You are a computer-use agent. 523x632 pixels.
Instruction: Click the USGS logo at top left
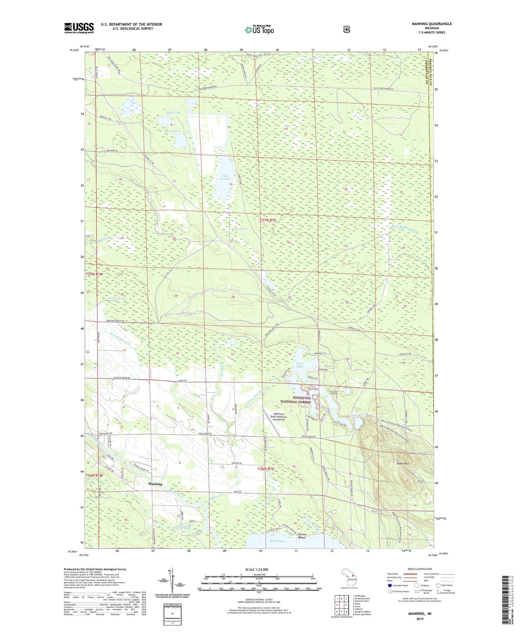(79, 28)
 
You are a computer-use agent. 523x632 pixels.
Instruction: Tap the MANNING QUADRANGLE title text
(432, 24)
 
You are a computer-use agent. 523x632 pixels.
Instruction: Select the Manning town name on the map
(155, 484)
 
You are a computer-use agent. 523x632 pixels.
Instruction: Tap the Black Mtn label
(403, 464)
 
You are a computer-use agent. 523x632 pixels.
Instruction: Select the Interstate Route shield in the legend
(390, 585)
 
